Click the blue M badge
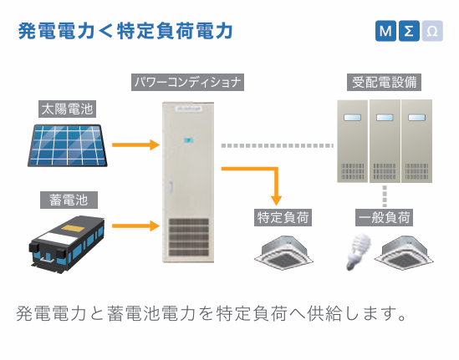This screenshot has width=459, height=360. (385, 31)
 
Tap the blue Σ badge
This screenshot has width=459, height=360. (409, 31)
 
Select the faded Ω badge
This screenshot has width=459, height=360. (432, 31)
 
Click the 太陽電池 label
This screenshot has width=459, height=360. (68, 109)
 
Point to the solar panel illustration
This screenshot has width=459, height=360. (68, 145)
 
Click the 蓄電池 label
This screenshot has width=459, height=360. (69, 200)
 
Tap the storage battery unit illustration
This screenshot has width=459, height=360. (67, 245)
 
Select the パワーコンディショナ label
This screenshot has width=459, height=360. (187, 82)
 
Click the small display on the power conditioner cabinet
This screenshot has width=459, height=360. (189, 140)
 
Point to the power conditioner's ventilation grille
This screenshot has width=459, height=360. (189, 237)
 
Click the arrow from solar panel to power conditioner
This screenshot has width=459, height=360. (136, 145)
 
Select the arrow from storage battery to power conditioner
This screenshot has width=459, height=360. (136, 226)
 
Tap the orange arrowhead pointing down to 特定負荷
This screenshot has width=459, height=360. (277, 200)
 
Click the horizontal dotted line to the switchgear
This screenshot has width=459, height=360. (278, 145)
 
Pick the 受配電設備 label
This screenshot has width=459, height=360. (384, 82)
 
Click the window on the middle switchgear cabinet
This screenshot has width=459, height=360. (385, 118)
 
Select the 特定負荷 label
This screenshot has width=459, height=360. (283, 217)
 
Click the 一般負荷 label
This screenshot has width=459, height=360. (384, 217)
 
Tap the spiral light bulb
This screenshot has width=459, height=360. (359, 251)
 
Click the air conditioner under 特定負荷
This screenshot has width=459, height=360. (283, 252)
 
